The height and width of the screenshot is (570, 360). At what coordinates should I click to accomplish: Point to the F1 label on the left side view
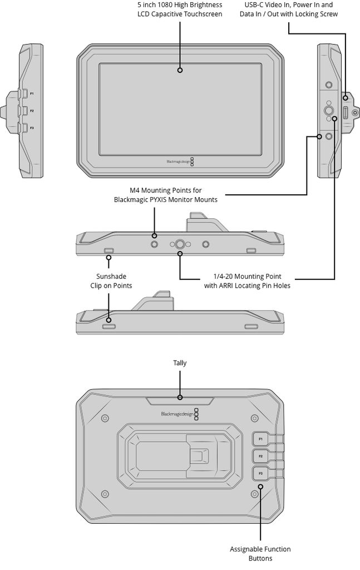click(32, 94)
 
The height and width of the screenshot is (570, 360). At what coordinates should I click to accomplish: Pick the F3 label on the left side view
click(32, 128)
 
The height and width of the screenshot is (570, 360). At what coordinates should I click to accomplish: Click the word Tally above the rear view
click(180, 363)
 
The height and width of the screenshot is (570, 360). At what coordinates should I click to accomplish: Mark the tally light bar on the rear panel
click(180, 400)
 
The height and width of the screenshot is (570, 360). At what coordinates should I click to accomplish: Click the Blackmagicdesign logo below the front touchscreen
click(177, 162)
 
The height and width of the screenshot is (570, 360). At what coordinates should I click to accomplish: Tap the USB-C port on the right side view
click(345, 114)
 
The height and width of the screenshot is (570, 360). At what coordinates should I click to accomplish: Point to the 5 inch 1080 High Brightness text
click(180, 4)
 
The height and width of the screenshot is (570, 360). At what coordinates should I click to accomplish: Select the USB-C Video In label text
click(288, 4)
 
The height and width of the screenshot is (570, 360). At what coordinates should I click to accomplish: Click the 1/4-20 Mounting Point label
click(248, 276)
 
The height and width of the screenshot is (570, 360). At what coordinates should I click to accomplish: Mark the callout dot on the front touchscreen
click(180, 70)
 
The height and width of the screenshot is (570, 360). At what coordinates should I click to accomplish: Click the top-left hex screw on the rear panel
click(105, 417)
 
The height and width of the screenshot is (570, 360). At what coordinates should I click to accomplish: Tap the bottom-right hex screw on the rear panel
click(255, 494)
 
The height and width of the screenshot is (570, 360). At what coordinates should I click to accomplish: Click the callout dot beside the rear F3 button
click(260, 487)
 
